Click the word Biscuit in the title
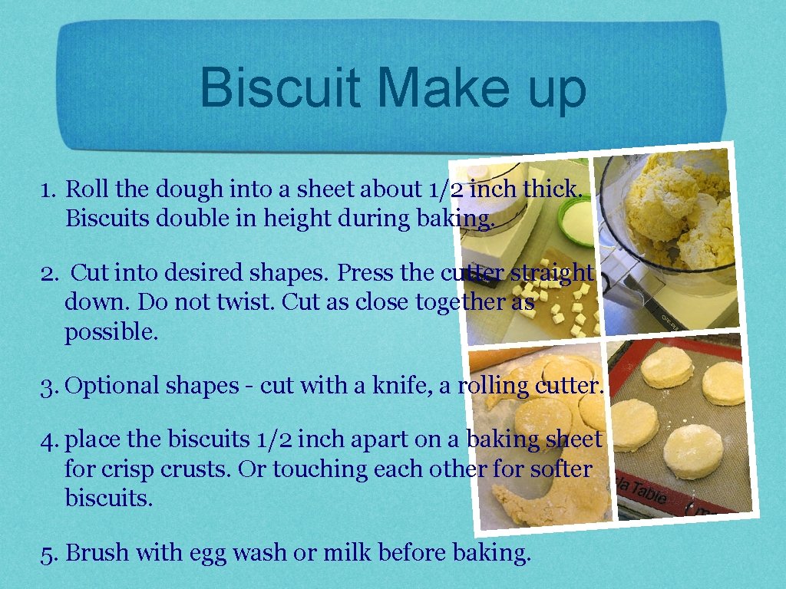(x=279, y=88)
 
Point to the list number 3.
(x=49, y=386)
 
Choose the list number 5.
(x=49, y=553)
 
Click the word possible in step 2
(x=111, y=332)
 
